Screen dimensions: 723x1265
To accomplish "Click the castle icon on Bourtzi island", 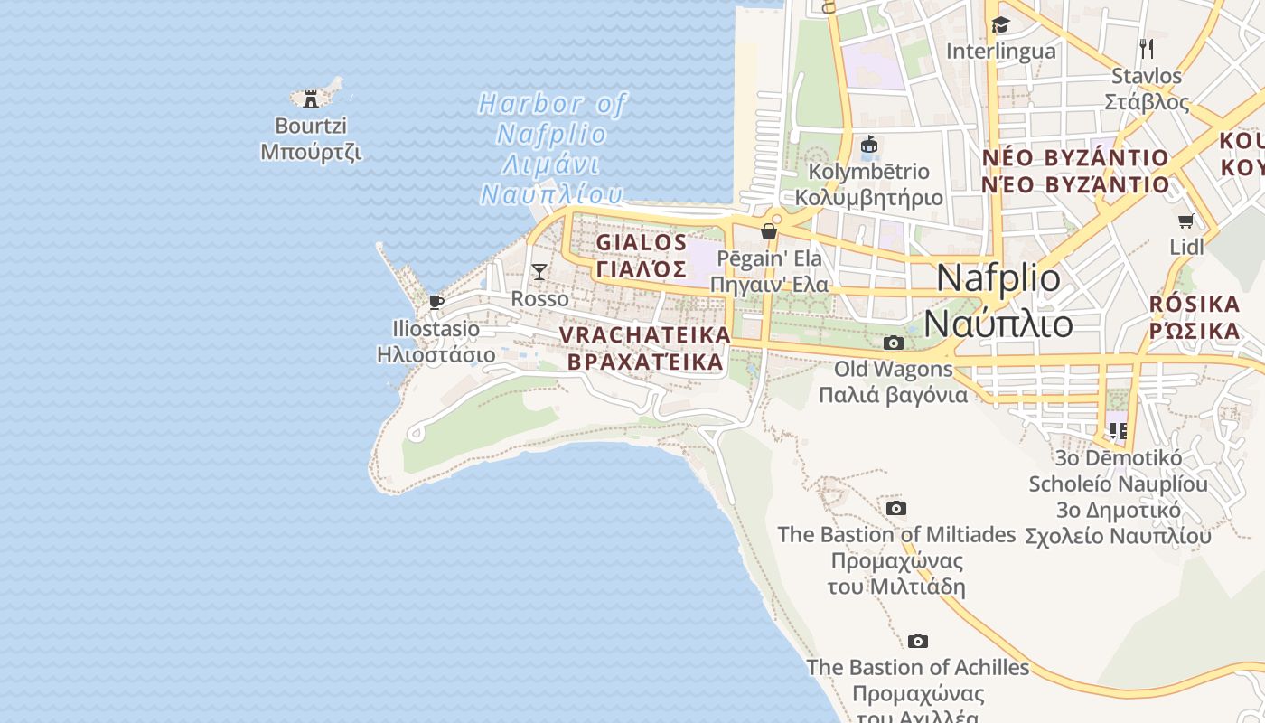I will [311, 99].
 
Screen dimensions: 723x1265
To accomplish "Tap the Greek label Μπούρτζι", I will [311, 152].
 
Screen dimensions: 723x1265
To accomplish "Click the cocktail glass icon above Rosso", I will [539, 271].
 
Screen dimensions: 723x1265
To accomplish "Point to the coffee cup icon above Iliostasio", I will [436, 302].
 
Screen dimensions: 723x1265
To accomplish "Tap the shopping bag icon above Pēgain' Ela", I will [769, 231].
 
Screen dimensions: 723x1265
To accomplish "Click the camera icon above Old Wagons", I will [893, 343].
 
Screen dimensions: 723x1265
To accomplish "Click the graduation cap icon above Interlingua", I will [1000, 24].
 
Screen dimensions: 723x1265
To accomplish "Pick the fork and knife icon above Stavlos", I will [1147, 48].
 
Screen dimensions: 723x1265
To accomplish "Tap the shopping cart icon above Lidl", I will [1186, 221].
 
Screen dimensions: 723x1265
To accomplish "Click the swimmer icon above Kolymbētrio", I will [869, 145].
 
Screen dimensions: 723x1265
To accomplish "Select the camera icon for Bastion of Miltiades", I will [896, 509].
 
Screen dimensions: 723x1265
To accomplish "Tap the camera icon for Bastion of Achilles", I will [918, 642].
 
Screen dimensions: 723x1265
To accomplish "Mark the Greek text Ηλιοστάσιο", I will [436, 354].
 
